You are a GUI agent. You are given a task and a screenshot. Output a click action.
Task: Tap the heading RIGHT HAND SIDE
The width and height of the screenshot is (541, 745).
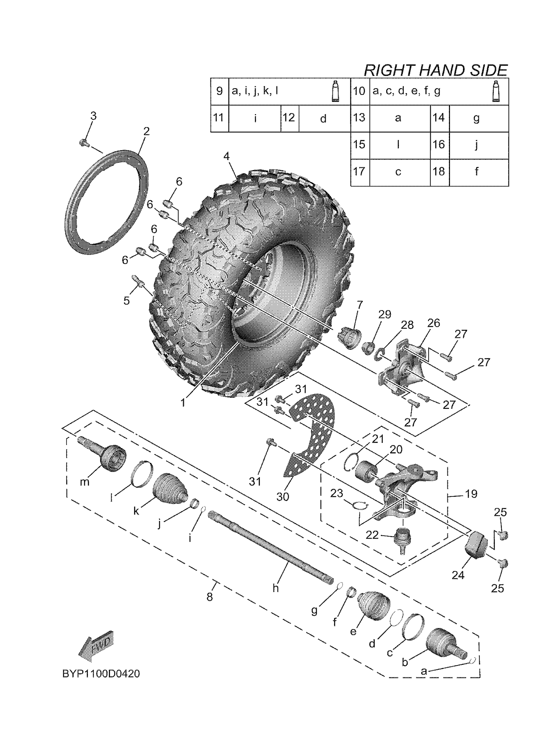tap(435, 70)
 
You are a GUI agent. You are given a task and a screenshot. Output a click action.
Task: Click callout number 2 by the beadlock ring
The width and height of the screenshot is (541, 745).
tap(146, 131)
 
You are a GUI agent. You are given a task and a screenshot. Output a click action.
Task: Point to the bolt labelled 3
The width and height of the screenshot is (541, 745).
tap(84, 143)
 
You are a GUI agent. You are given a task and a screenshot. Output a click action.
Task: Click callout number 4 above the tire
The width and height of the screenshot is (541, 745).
tap(227, 156)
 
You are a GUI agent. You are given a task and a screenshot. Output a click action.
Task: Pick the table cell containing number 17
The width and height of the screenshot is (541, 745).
tap(360, 172)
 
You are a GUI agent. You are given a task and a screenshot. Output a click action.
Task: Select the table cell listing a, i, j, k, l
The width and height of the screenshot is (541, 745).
tap(289, 91)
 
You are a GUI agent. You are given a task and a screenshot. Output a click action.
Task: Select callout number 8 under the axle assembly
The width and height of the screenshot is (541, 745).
tap(210, 596)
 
